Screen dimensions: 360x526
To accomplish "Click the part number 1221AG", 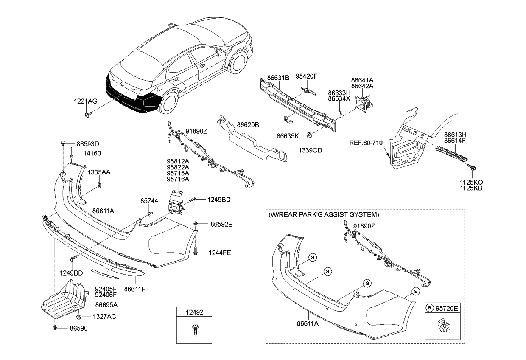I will pyautogui.click(x=85, y=101).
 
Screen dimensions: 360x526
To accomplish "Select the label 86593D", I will pyautogui.click(x=88, y=144).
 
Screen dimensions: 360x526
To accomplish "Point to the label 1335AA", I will pyautogui.click(x=99, y=172).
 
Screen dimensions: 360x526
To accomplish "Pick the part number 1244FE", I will pyautogui.click(x=219, y=253).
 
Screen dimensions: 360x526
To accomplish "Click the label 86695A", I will pyautogui.click(x=106, y=305).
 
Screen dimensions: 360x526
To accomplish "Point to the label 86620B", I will pyautogui.click(x=248, y=125).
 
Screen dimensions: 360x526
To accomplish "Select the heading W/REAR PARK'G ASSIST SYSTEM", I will pyautogui.click(x=324, y=215).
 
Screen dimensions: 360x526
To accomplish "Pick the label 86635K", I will pyautogui.click(x=288, y=136).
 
